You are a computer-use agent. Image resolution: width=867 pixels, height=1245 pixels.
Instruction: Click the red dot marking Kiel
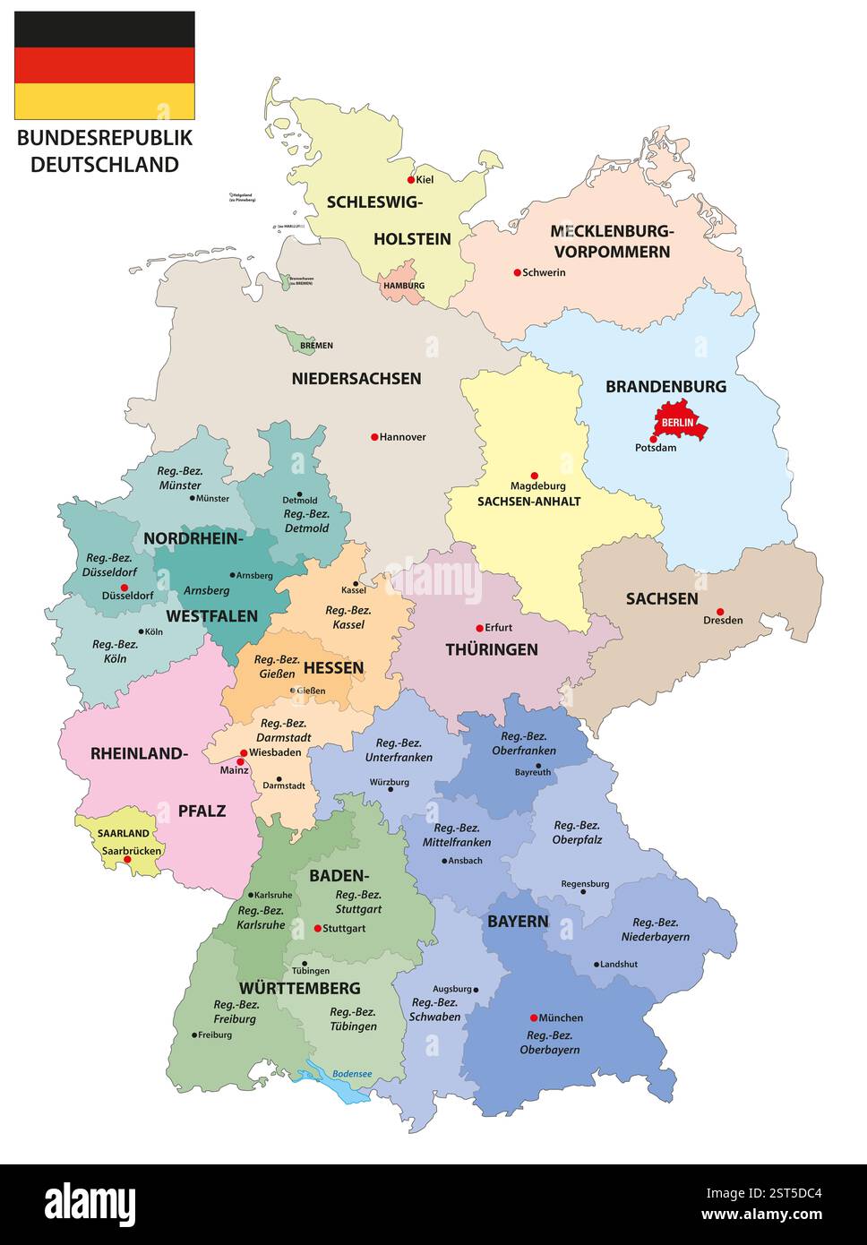412,179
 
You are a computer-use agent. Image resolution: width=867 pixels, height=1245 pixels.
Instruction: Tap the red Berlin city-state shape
681,421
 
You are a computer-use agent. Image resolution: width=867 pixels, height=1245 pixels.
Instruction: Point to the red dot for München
534,1017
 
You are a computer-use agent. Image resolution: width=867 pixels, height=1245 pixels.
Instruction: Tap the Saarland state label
124,834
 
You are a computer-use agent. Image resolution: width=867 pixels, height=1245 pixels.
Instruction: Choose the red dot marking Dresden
720,612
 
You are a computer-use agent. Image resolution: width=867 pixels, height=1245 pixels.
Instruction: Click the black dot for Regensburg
584,891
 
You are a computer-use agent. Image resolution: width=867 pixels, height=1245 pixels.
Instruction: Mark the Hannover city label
402,437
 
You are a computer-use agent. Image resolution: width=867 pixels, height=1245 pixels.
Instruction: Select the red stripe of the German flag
105,65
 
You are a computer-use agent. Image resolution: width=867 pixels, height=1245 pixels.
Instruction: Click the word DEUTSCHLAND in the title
105,165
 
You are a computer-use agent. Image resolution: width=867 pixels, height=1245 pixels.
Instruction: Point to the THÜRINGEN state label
492,649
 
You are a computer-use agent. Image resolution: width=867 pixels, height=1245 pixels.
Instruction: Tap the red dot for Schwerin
517,272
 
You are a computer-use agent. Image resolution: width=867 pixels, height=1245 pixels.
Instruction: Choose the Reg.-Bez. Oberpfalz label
578,833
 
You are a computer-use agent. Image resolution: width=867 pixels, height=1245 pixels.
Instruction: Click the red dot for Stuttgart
317,928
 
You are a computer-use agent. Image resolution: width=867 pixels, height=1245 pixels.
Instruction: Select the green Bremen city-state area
292,339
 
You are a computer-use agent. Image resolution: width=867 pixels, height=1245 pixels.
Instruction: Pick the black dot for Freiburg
194,1035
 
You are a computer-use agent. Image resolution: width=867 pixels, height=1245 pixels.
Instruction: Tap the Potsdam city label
656,448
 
